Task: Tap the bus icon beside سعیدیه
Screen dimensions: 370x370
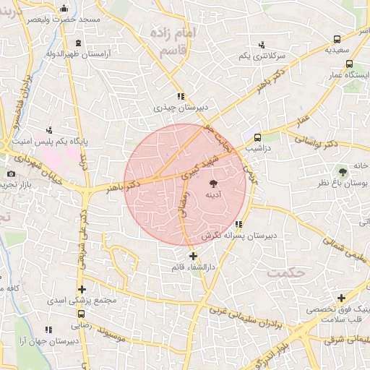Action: (x=337, y=40)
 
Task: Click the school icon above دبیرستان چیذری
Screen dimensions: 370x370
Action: (x=180, y=96)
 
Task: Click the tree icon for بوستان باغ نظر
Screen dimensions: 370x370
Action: (x=343, y=171)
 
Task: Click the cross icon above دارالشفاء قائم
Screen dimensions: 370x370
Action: (x=193, y=256)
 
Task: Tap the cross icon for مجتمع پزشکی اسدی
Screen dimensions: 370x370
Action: (x=82, y=289)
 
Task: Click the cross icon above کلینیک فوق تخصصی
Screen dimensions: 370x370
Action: (x=342, y=298)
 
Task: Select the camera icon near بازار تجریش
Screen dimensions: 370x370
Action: (x=11, y=173)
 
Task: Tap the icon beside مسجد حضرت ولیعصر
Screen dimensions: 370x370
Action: (x=64, y=9)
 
